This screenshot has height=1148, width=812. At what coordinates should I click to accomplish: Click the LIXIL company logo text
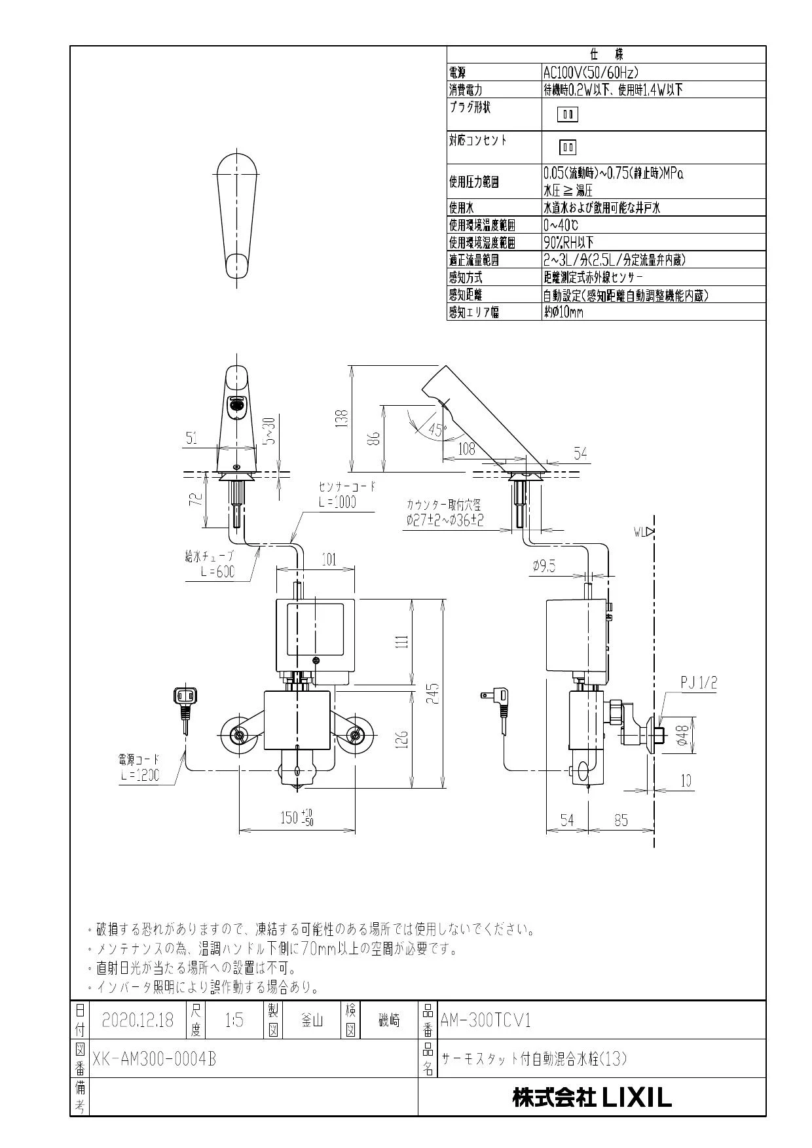coord(592,1098)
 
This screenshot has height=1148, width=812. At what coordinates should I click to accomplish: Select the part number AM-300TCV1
coord(485,1020)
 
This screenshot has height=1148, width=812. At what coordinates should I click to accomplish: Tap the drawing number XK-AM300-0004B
coord(154,1059)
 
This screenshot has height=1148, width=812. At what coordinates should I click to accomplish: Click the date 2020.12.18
coord(138,1020)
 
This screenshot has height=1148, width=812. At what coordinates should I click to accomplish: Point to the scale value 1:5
coord(234,1020)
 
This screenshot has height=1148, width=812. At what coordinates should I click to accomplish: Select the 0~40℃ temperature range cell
coord(561,225)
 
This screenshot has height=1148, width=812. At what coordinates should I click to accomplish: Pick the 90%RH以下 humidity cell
coord(568,242)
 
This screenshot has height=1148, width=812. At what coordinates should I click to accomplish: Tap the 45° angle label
coord(437,431)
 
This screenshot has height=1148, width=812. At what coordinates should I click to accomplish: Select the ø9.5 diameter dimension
coord(544,566)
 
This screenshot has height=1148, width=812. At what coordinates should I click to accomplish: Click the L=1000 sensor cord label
coord(338,503)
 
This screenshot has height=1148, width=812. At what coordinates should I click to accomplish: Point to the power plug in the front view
coord(185,701)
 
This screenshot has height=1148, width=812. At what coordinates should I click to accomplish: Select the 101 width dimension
coord(329,560)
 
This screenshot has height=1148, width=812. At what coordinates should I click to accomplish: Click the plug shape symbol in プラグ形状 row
coord(568,115)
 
